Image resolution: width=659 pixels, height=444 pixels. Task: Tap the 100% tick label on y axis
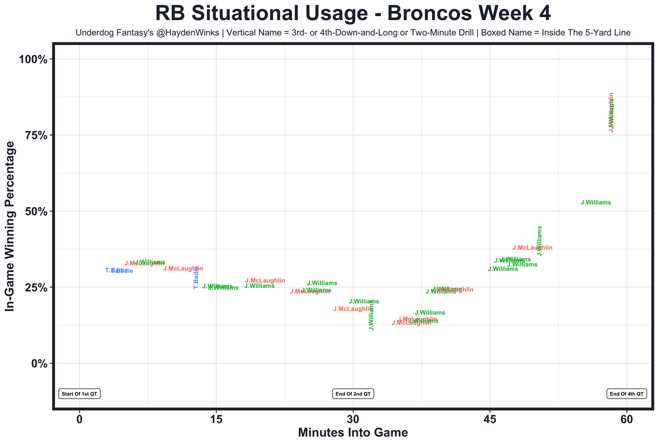point(33,59)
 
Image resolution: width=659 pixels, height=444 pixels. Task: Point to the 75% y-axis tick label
point(36,135)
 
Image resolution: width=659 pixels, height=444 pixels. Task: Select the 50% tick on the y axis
point(36,211)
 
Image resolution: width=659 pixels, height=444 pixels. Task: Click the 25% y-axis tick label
point(36,287)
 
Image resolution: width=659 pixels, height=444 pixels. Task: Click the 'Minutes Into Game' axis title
point(353,433)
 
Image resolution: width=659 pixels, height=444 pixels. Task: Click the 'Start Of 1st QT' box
point(79,394)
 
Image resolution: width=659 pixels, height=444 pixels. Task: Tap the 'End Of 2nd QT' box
point(353,394)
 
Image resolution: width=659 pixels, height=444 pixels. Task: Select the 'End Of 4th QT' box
point(627,394)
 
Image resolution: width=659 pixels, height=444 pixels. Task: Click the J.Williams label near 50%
point(596,203)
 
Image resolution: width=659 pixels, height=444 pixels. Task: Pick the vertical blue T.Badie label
point(196,277)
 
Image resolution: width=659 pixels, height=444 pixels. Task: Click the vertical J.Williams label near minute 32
point(371,315)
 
